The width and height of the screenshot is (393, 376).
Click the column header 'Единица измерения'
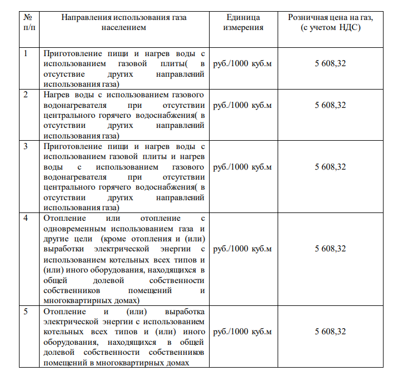(x=243, y=22)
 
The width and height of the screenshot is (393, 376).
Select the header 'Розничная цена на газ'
(x=330, y=22)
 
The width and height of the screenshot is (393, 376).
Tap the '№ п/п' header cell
(x=28, y=22)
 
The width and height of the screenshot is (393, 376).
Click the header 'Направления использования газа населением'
(x=124, y=22)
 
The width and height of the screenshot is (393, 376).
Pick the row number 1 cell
(x=26, y=53)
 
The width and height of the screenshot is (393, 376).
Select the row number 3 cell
(x=26, y=146)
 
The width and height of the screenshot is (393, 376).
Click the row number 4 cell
(x=26, y=219)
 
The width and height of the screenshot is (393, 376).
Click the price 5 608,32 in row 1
(x=330, y=63)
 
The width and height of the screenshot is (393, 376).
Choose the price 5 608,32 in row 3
(x=330, y=167)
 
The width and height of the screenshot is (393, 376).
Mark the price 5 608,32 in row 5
(x=330, y=332)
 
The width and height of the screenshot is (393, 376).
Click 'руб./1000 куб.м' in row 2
(x=242, y=105)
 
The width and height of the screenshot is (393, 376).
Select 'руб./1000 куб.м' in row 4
(x=242, y=249)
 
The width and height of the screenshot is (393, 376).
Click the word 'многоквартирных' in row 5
(x=126, y=363)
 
